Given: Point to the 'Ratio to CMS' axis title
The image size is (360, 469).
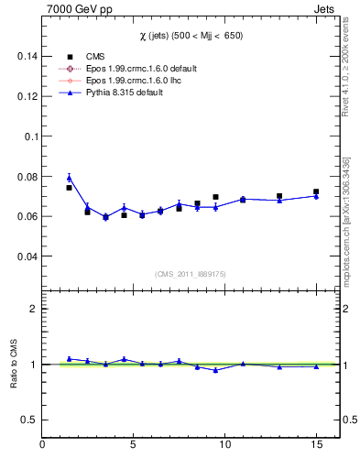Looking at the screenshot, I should point(15,364).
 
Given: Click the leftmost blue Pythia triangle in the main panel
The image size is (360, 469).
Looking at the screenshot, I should point(69,178).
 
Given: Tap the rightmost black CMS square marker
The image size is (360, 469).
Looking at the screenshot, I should point(316,191).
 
